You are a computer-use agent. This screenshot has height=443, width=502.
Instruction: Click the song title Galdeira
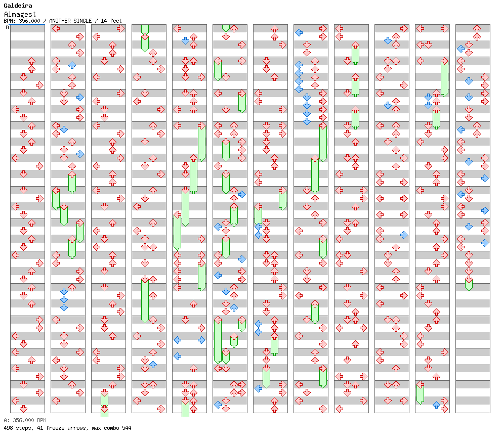tap(18, 6)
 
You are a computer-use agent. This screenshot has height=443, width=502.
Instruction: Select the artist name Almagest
tap(20, 14)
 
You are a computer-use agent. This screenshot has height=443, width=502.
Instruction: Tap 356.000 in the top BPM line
tap(29, 21)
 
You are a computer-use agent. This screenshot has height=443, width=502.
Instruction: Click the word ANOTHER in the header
tap(60, 21)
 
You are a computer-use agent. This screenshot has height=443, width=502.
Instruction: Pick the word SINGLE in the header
tap(82, 21)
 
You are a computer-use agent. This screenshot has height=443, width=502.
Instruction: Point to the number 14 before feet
tap(104, 21)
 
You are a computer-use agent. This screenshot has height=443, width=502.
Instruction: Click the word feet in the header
tap(116, 21)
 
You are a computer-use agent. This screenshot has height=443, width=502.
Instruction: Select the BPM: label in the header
tap(10, 21)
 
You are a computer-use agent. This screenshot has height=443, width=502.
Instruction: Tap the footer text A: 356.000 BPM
tap(25, 420)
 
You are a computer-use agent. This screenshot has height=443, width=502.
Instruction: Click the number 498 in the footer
tap(8, 428)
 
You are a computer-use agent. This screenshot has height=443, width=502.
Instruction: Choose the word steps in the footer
tap(24, 428)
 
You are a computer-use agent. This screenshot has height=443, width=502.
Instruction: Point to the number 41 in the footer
tap(40, 428)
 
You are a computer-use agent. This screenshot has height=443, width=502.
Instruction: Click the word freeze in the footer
tap(55, 428)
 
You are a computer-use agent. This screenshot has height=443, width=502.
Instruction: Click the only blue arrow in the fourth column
tap(153, 364)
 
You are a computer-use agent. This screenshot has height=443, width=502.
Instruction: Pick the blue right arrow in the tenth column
tap(404, 235)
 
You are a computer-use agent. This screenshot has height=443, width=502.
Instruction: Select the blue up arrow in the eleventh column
tap(436, 405)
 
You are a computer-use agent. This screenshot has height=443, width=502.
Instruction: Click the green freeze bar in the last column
tap(469, 284)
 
